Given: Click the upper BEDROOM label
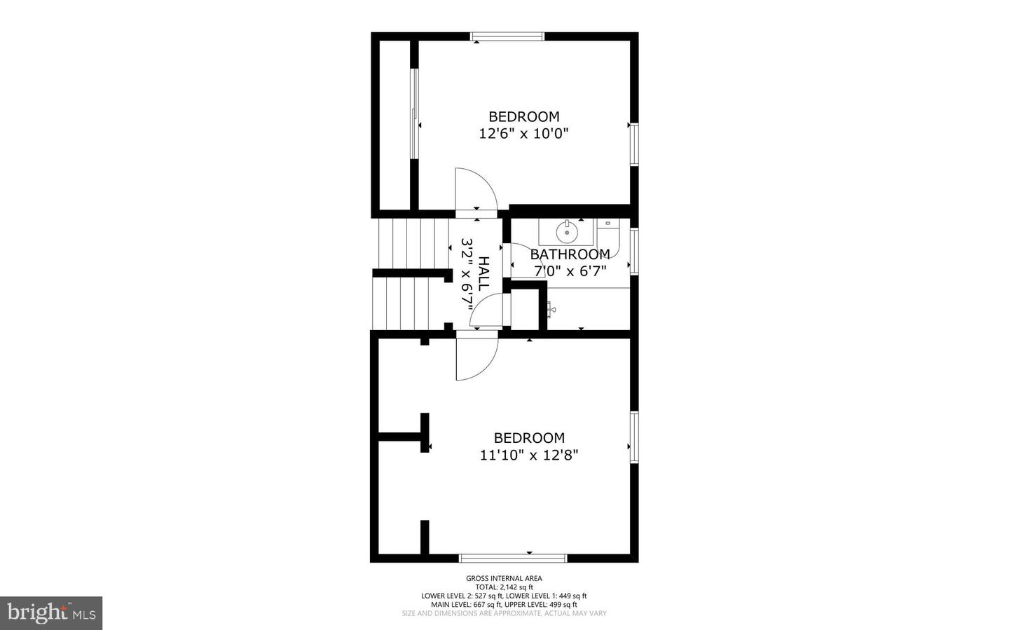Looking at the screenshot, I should click(523, 116).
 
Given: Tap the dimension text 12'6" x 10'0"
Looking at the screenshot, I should click(523, 134).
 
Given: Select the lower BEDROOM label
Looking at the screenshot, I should click(529, 438).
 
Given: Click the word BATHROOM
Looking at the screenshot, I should click(570, 254).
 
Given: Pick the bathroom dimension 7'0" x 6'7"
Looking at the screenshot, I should click(570, 271).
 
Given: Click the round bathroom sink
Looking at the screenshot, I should click(567, 231).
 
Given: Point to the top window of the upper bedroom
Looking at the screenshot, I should click(507, 36).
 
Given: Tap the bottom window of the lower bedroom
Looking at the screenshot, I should click(512, 558).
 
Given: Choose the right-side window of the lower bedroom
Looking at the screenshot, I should click(634, 437).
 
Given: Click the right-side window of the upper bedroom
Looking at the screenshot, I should click(634, 144).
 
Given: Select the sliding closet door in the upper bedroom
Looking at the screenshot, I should click(414, 114).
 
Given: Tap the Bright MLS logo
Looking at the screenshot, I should click(51, 613).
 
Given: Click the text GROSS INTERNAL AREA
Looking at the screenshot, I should click(504, 578).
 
